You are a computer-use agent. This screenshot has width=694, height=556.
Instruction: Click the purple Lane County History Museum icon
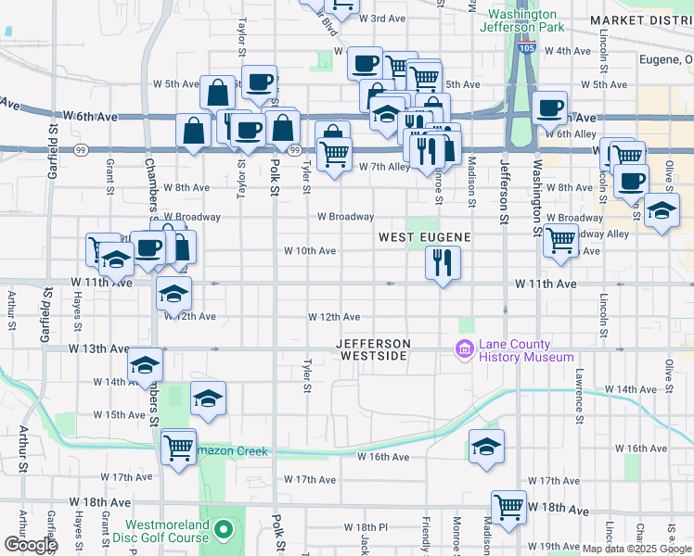pos(463,348)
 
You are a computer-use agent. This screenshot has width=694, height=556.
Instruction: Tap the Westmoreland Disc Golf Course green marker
pos(223,530)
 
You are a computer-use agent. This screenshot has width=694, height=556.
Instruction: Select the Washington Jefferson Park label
pos(522,20)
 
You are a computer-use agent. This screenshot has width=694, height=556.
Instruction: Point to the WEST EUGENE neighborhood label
pos(425,237)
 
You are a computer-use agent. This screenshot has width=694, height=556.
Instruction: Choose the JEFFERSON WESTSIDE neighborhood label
pos(373,349)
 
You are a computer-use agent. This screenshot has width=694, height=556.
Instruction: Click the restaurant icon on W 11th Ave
pos(443,262)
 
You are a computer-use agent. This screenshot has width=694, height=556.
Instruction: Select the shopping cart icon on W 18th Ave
pos(508,506)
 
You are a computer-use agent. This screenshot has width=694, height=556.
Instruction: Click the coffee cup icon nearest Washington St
pos(550,107)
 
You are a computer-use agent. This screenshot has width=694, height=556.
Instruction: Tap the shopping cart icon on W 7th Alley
pos(334,153)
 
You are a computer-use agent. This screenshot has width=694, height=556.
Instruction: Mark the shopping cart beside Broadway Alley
pos(560,239)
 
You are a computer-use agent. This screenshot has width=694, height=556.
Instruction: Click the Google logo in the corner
pos(31,545)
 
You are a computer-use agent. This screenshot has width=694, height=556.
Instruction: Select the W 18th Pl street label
pos(357,526)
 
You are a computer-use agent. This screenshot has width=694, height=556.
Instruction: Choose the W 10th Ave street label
pos(309,250)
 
